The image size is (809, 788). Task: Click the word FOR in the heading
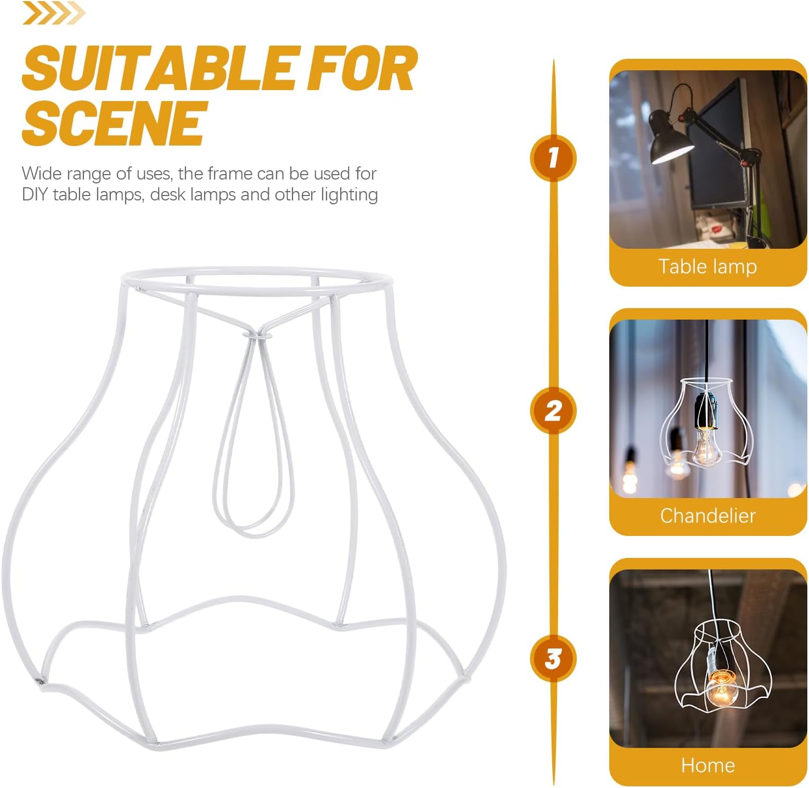click(361, 70)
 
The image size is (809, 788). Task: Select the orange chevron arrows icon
click(53, 14)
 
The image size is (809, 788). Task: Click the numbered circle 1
click(553, 158)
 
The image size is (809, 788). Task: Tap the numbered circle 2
click(553, 411)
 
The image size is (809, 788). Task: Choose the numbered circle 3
click(553, 658)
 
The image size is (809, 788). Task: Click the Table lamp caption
click(707, 266)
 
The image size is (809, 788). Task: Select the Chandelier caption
click(707, 516)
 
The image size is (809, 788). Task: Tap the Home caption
click(707, 765)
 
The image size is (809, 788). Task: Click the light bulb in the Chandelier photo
click(704, 446)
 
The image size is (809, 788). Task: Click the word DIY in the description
click(35, 195)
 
